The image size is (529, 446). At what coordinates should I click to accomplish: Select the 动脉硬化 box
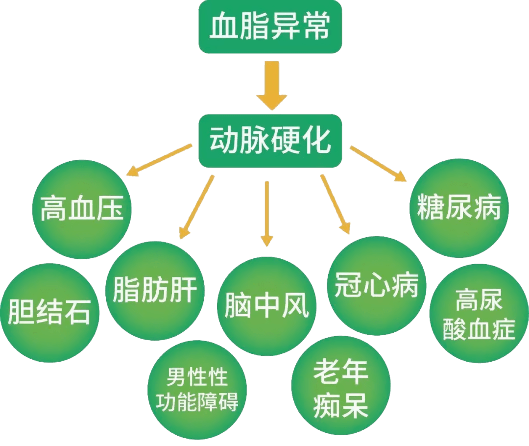269,141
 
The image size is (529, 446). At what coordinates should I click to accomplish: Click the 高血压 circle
82,209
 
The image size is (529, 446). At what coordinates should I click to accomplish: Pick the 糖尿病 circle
459,208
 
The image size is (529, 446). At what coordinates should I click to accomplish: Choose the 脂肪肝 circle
155,291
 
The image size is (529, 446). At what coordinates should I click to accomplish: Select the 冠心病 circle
376,286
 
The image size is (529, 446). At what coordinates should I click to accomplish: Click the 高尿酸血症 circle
479,314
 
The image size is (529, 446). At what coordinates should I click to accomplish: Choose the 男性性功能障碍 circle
197,390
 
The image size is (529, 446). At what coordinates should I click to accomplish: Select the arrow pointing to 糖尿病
378,164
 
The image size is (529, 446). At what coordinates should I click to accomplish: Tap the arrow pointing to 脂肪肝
197,206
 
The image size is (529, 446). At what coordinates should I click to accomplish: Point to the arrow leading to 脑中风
266,213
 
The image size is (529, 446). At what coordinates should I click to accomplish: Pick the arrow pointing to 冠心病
336,204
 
